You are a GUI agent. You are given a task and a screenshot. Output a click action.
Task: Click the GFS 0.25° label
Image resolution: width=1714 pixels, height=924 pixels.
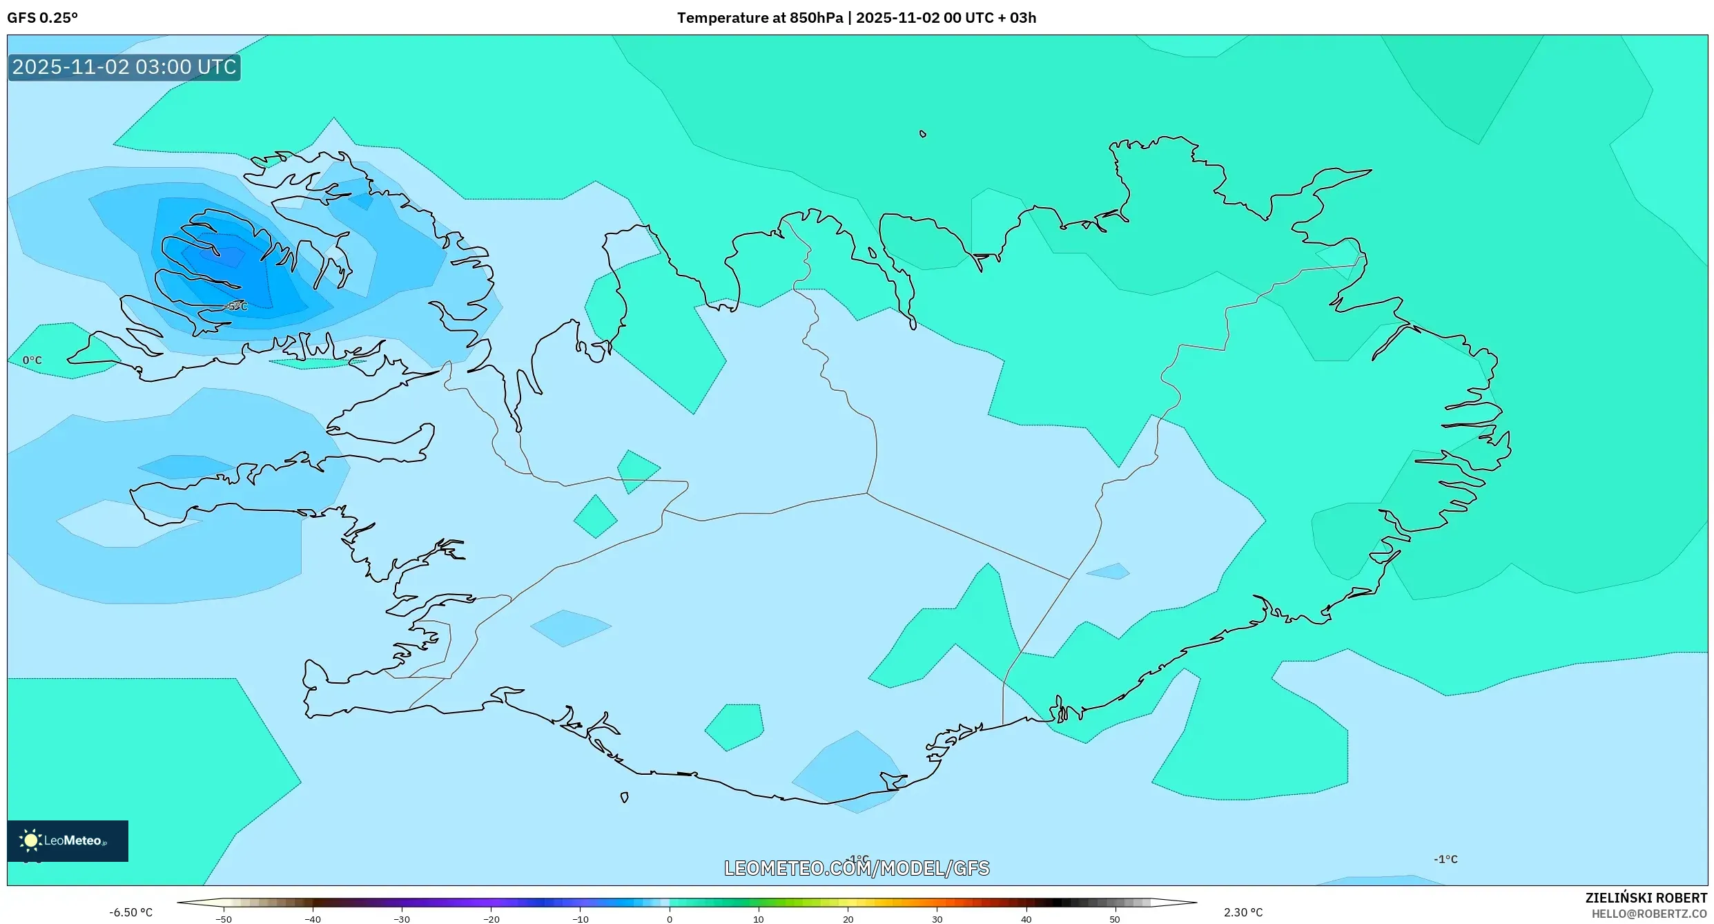[42, 18]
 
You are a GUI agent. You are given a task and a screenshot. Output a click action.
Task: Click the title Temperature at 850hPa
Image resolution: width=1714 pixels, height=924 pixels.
[759, 18]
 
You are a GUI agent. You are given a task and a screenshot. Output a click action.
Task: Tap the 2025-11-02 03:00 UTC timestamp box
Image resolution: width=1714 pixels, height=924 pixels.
[124, 67]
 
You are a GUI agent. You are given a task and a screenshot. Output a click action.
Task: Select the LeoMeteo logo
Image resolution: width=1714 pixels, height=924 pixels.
[68, 840]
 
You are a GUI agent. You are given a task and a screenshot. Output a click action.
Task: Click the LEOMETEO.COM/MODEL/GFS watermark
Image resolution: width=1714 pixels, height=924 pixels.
[857, 868]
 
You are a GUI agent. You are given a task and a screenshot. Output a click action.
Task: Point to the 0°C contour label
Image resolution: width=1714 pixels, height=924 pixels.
[32, 360]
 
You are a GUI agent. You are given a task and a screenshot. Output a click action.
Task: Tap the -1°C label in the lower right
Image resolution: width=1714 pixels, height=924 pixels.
[1445, 859]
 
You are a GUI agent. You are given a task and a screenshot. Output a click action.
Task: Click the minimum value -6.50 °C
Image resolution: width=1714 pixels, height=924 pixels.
[130, 912]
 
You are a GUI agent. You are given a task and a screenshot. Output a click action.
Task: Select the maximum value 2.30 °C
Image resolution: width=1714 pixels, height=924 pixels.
[1243, 912]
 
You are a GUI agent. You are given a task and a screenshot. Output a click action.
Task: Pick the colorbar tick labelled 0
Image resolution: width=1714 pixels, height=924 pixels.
[670, 918]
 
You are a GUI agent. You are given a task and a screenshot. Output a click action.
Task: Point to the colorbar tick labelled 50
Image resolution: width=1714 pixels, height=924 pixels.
[1115, 918]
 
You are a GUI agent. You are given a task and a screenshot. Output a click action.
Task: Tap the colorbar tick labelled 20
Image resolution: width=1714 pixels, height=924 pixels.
[848, 918]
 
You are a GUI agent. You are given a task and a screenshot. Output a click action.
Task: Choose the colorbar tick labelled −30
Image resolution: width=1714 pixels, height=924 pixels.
[402, 918]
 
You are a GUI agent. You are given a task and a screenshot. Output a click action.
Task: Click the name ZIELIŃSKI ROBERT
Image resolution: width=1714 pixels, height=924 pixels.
[1646, 898]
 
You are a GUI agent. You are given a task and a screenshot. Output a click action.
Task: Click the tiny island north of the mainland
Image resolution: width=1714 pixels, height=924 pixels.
[923, 134]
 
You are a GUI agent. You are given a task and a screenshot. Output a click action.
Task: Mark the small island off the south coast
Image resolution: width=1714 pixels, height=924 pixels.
[625, 798]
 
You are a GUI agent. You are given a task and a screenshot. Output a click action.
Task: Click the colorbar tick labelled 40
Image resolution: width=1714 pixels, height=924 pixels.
[1026, 918]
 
